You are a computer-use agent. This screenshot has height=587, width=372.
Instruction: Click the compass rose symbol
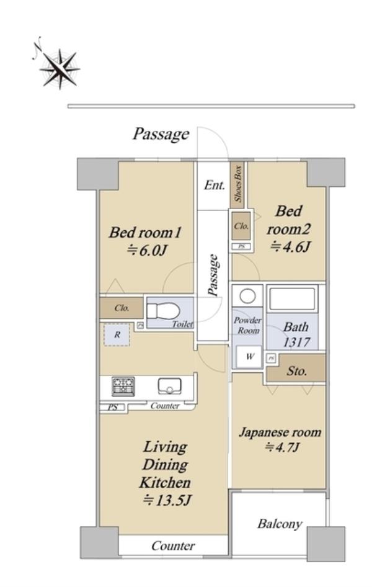point(60,69)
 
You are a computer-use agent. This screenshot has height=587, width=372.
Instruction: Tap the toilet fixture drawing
point(163,311)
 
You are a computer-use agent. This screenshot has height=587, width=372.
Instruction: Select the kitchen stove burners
point(123,387)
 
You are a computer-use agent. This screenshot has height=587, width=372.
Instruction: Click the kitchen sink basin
point(170,386)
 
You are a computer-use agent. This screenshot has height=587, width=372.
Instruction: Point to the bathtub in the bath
point(292,298)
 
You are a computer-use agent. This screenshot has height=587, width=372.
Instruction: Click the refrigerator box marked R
point(117,334)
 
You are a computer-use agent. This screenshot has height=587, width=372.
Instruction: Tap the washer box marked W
point(249,356)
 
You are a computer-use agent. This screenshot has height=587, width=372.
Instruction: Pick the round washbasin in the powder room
point(247,297)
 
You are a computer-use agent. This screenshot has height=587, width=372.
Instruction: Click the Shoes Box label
point(238,184)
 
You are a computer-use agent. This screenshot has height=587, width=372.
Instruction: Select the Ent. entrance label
point(215,185)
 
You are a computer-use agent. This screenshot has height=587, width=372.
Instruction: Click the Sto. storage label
point(296,371)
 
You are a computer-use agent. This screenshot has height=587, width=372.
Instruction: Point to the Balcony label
point(279,523)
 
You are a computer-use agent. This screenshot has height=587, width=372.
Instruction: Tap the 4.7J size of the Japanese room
point(281,447)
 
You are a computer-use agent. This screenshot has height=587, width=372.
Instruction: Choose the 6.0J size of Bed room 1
point(146,250)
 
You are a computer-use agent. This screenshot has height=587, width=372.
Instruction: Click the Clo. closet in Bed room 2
point(241,226)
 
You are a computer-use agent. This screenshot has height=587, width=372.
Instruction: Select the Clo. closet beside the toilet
point(122,308)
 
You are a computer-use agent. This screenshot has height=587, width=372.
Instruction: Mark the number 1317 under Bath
point(296,342)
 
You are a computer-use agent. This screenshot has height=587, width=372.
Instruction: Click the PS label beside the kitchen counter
point(113,407)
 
